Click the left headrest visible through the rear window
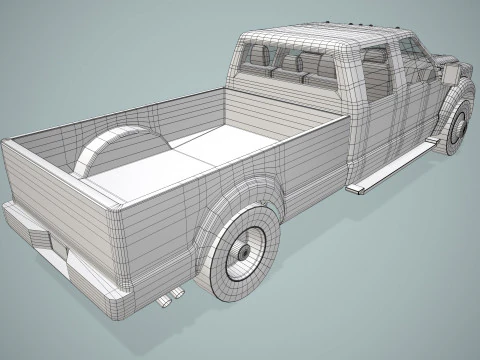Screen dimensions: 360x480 (257, 57)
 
